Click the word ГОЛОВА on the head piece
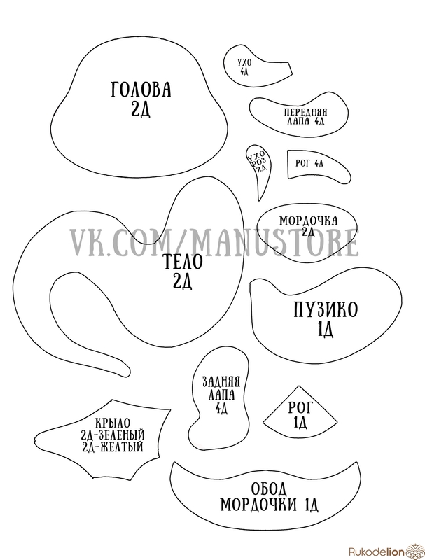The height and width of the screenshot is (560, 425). tap(141, 90)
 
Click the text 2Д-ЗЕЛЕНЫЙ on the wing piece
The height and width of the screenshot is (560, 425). tap(113, 433)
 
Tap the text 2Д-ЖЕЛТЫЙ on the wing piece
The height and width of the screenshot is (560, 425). tap(113, 445)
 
